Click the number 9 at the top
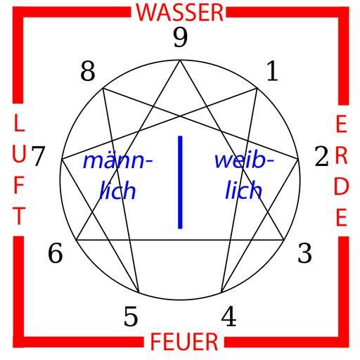181,37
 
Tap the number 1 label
273,71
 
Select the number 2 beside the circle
321,156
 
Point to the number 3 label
304,253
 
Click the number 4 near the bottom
229,316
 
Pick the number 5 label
131,316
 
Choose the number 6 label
56,253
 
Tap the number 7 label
38,156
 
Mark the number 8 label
88,71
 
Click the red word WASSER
180,13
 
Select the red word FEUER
184,342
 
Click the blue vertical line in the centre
180,182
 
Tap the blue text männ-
118,161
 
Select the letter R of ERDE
341,155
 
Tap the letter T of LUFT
19,215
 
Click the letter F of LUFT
19,185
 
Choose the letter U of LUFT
19,155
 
